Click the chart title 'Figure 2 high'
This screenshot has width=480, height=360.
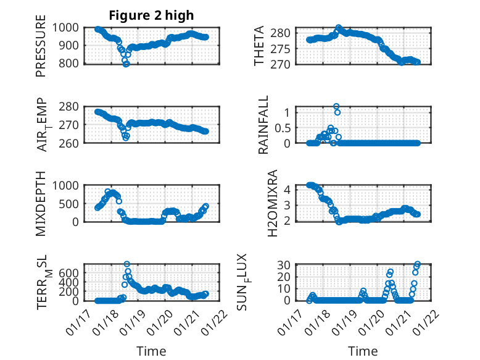[x=151, y=15]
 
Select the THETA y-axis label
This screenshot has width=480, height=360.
[x=259, y=46]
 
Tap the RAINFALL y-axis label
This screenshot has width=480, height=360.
[x=263, y=124]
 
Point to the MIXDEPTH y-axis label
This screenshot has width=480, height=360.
[x=41, y=203]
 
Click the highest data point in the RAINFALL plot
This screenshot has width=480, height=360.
[x=336, y=106]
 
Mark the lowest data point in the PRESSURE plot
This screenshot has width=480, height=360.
[x=126, y=64]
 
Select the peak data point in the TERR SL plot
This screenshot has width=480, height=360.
[x=127, y=264]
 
